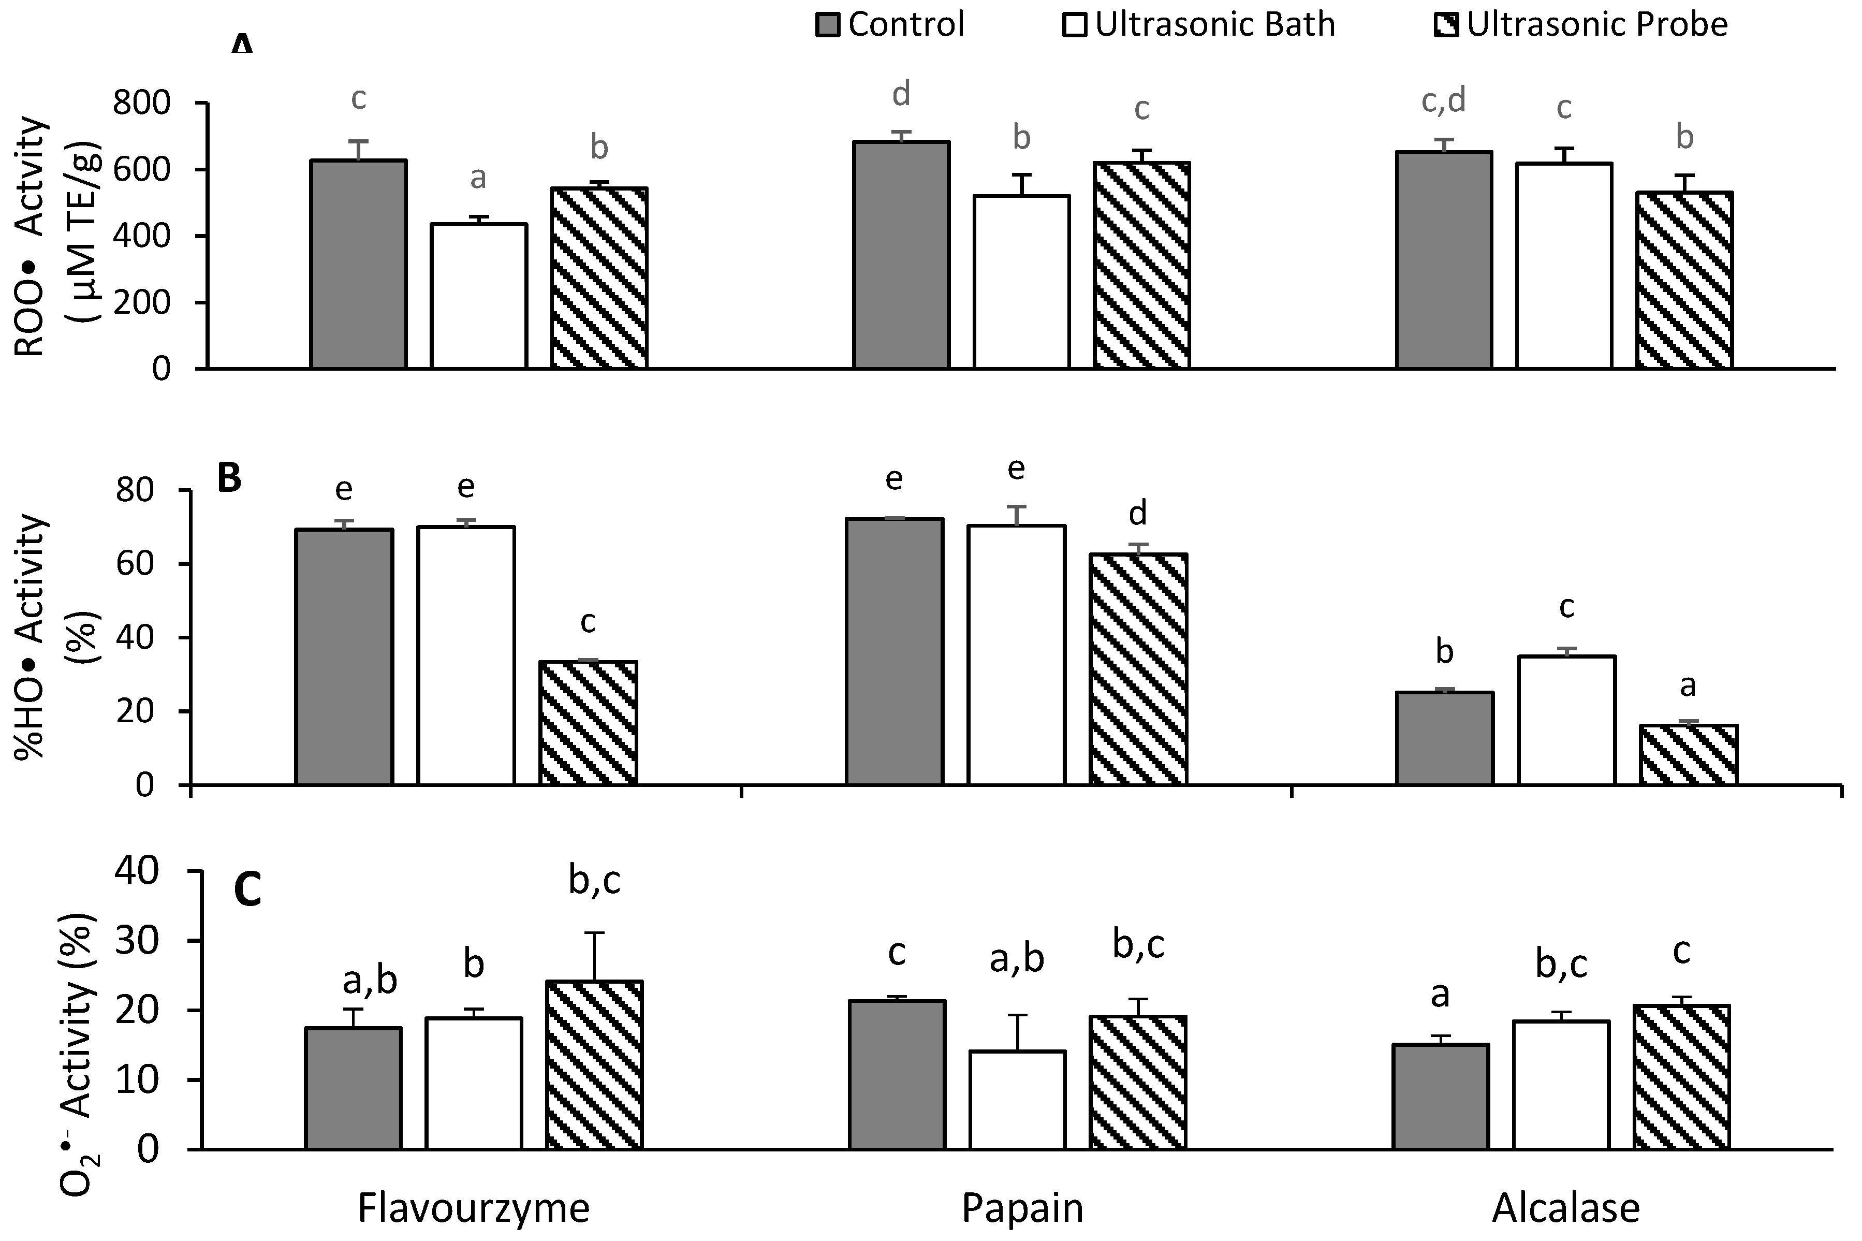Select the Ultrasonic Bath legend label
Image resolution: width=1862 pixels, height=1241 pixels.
[x=1215, y=24]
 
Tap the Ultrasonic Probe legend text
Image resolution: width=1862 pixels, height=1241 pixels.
[x=1597, y=24]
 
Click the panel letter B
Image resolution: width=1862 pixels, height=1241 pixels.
[x=229, y=479]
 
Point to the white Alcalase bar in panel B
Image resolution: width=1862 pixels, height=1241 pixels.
[x=1566, y=720]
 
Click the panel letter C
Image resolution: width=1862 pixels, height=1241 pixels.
[x=247, y=891]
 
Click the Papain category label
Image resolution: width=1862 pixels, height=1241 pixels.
[x=1022, y=1208]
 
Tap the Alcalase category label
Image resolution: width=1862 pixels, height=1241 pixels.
[x=1565, y=1208]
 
